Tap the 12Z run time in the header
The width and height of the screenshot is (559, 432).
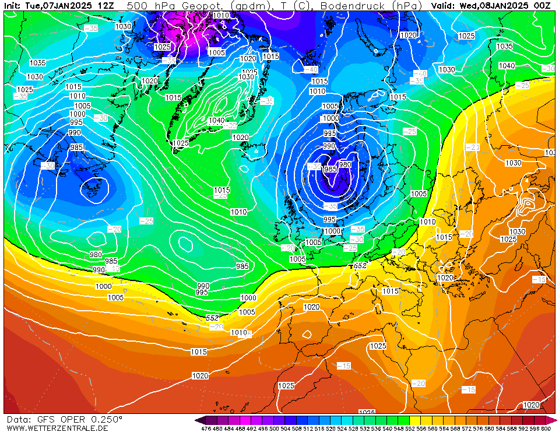coord(106,5)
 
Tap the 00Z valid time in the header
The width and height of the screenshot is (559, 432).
coord(543,5)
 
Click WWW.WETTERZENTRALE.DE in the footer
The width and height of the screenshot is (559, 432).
coord(57,428)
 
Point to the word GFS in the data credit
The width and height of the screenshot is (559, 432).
coord(46,419)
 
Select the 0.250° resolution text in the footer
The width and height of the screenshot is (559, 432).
coord(106,419)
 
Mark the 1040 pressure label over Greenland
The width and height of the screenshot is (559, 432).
coord(216,121)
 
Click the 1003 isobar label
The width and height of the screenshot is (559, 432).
coord(419,194)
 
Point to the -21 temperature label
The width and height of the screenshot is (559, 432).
coord(472,147)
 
